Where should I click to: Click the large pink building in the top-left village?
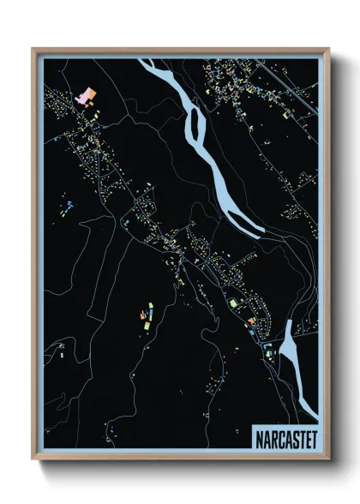86,95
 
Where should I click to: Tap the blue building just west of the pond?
267,346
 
